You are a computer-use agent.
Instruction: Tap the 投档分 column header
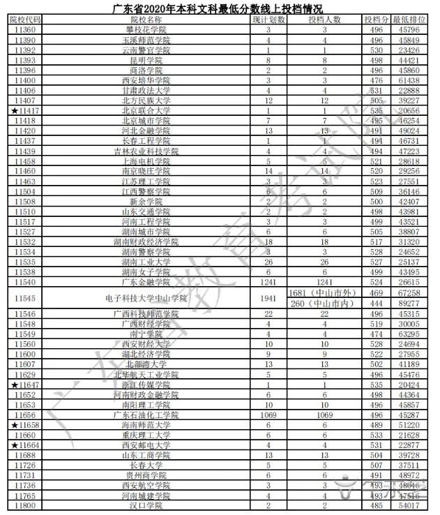[x=375, y=20]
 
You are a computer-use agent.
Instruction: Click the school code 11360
[x=24, y=31]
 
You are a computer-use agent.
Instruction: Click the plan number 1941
[x=268, y=299]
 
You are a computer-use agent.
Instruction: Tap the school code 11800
[x=24, y=505]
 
